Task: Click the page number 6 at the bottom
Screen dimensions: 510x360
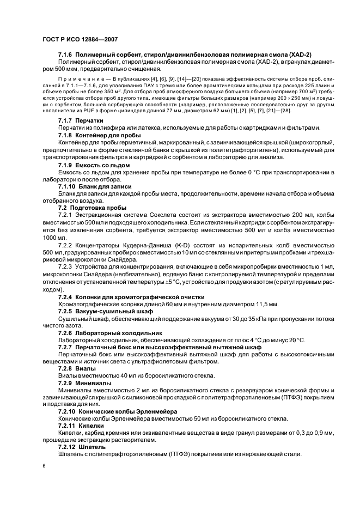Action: tap(45, 466)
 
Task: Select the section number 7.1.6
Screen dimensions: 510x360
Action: tap(66, 56)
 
